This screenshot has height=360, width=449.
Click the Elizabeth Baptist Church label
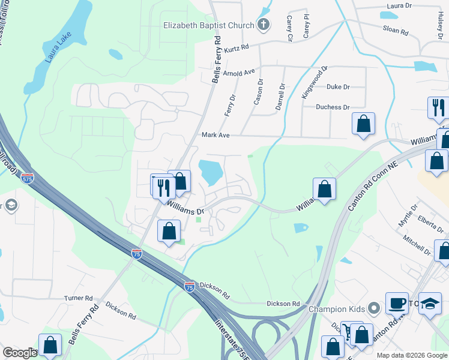point(208,25)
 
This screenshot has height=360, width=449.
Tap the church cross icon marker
point(262,25)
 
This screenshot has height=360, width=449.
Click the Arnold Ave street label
point(238,73)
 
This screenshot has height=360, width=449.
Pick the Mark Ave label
point(215,136)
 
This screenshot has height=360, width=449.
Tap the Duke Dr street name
point(338,87)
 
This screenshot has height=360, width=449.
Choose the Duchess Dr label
point(333,107)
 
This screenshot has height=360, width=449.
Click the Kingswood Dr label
point(315,83)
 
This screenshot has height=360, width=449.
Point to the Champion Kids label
point(337,310)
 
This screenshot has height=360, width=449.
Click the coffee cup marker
point(396,302)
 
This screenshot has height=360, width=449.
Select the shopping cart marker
point(348,332)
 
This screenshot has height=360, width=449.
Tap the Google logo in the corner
point(20,353)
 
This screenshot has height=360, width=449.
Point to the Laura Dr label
point(399,5)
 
